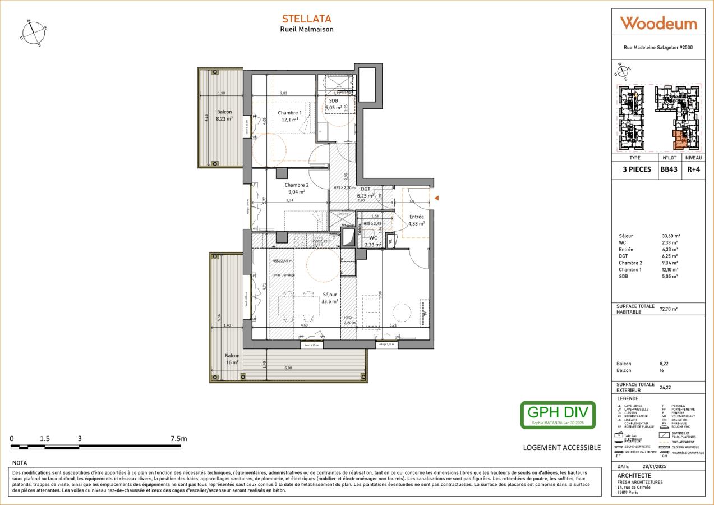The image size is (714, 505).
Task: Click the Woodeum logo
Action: click(658, 24)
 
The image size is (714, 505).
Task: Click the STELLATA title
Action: click(306, 19)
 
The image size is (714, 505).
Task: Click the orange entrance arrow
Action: click(436, 198)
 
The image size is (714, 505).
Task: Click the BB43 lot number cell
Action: click(669, 169)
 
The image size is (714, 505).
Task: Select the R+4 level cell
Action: click(693, 169)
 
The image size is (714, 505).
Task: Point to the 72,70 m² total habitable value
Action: click(669, 309)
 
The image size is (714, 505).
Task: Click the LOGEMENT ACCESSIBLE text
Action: click(561, 447)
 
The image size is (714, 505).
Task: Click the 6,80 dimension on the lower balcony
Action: click(288, 368)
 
